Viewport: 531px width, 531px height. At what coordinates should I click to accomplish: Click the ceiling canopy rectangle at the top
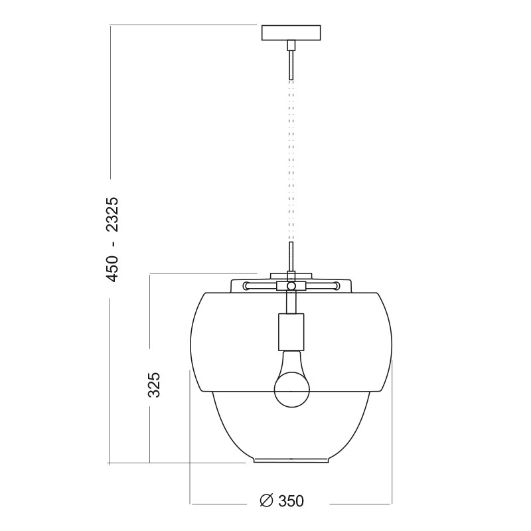coord(291,33)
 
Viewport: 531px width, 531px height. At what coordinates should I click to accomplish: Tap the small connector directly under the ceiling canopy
coord(291,45)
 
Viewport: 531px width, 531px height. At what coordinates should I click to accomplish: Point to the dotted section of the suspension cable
coord(291,161)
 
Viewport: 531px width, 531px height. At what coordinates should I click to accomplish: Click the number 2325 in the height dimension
coord(112,214)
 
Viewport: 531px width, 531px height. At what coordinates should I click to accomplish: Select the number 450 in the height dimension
coord(112,269)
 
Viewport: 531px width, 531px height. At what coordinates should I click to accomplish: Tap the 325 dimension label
coord(153,385)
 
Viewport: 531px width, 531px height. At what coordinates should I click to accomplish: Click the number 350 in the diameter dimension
coord(291,501)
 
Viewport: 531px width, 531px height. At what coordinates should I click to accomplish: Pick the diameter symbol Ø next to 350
coord(267,501)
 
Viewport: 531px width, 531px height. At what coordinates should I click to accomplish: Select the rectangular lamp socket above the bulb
coord(291,332)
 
